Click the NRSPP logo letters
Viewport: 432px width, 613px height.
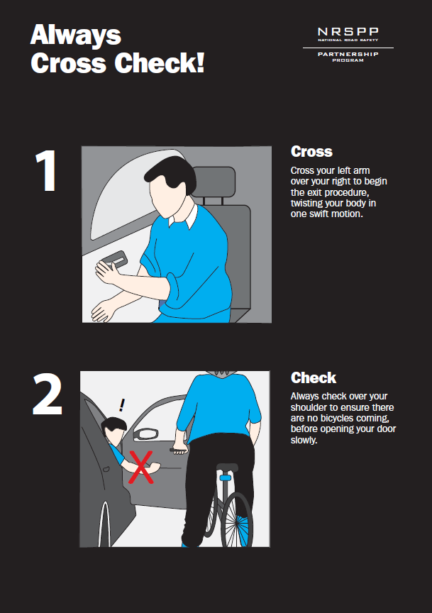(x=348, y=32)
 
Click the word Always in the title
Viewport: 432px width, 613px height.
(x=76, y=35)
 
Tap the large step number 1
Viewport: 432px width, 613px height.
(x=46, y=171)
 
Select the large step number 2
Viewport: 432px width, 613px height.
(x=48, y=394)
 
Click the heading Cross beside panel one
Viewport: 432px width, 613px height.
(x=311, y=152)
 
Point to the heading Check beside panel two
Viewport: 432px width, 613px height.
(x=314, y=377)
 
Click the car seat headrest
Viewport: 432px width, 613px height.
(x=214, y=182)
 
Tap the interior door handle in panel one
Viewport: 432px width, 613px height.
(x=115, y=258)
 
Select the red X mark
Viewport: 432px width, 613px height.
(x=140, y=467)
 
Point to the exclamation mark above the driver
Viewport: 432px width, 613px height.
(x=122, y=405)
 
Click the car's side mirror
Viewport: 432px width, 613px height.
(x=146, y=433)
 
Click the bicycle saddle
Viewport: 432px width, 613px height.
(x=227, y=468)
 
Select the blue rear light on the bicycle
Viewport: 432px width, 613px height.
(x=225, y=477)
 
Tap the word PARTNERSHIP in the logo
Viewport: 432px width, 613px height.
(x=348, y=54)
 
